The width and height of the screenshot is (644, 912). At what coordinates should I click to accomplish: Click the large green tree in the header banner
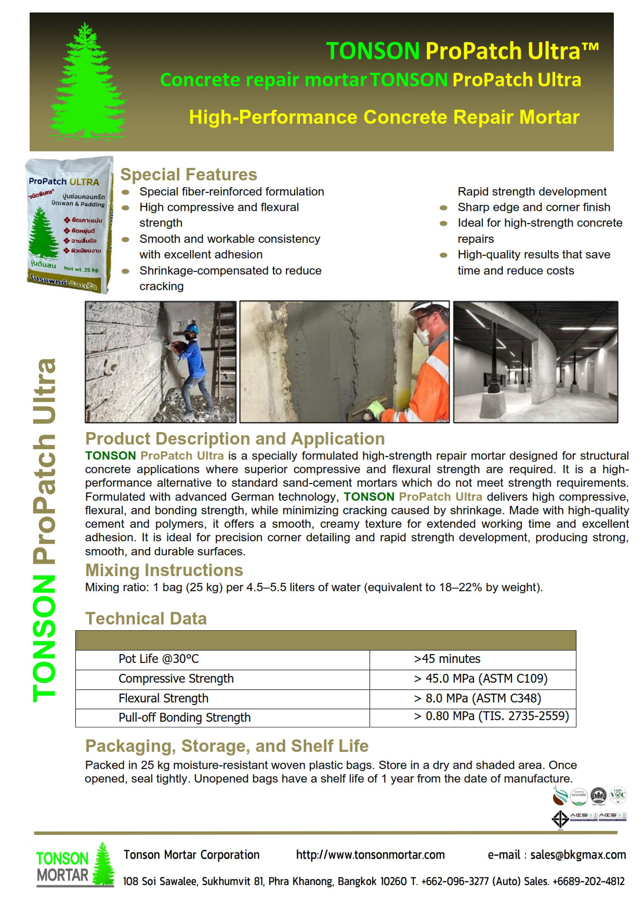87,81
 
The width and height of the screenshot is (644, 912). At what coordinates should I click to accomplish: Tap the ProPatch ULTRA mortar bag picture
69,225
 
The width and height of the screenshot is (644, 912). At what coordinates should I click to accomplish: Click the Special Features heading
189,175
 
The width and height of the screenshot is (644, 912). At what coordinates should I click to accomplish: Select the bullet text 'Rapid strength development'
532,192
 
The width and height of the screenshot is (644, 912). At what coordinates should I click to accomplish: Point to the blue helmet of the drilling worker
192,329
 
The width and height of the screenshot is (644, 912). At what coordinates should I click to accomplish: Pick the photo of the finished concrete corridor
535,362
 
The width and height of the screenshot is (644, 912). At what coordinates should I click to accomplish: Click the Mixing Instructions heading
164,570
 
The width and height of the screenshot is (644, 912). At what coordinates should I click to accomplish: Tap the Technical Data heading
146,619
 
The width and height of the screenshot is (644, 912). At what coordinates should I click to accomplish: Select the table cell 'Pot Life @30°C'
159,659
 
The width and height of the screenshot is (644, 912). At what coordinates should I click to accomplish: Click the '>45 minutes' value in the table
447,659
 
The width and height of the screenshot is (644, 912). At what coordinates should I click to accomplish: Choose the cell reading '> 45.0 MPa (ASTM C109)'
481,679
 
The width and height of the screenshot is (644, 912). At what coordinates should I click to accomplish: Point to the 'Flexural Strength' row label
163,698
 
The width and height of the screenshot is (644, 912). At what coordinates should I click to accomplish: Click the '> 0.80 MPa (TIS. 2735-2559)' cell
491,716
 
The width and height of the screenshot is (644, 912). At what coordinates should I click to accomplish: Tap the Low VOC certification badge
618,795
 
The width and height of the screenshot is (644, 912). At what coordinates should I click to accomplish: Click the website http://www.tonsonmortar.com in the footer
370,855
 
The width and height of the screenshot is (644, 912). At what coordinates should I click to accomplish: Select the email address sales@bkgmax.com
578,855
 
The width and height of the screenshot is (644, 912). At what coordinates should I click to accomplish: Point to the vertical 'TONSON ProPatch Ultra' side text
45,530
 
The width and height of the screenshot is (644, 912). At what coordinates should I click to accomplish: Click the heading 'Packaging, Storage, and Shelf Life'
227,746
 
